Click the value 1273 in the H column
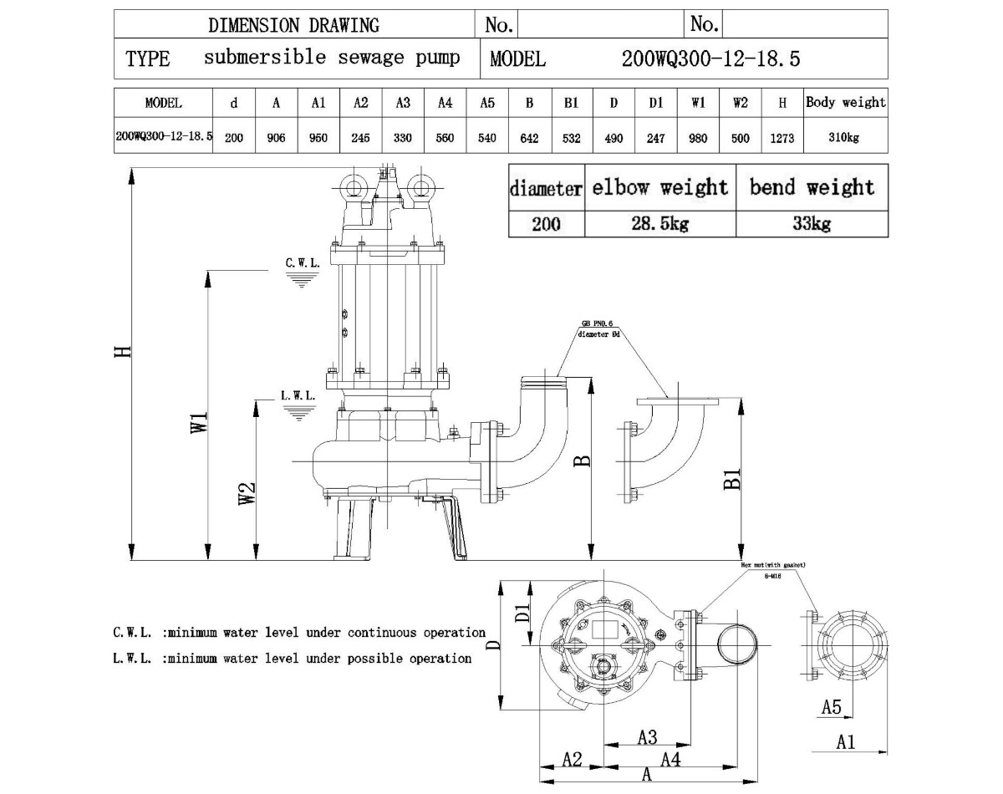click(x=782, y=138)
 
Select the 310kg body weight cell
click(x=845, y=138)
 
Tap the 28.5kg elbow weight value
click(x=660, y=224)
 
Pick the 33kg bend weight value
click(x=812, y=224)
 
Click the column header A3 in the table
click(x=403, y=104)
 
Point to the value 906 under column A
click(x=276, y=138)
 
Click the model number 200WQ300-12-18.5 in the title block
click(x=710, y=59)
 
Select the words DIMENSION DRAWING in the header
click(x=293, y=25)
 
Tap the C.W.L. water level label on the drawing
click(x=302, y=262)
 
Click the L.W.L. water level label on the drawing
click(x=298, y=395)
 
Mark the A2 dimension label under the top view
click(x=572, y=759)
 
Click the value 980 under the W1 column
click(x=697, y=138)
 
